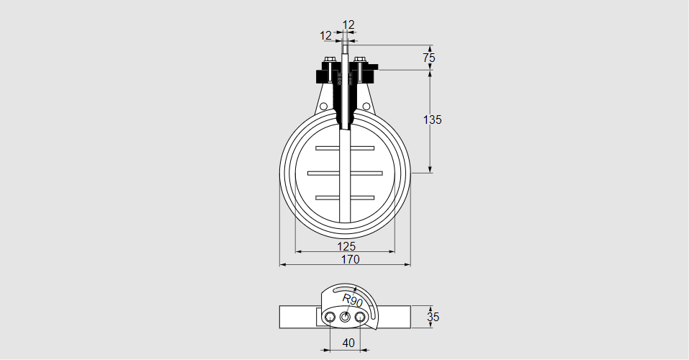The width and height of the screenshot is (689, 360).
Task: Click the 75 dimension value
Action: [x=429, y=57]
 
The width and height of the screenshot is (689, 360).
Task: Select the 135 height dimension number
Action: [x=432, y=120]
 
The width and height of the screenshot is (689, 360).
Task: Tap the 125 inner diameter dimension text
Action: [x=346, y=246]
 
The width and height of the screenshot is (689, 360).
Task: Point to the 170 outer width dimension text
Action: [x=351, y=259]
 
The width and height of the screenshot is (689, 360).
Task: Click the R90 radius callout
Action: [x=352, y=300]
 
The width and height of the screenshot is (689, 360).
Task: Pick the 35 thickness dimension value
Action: [x=433, y=317]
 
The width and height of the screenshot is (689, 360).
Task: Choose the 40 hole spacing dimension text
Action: [x=348, y=343]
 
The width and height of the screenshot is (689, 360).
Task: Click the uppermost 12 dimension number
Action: [x=348, y=25]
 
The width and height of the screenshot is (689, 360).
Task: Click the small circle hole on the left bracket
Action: [x=324, y=107]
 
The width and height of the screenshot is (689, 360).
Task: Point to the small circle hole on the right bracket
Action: [x=366, y=107]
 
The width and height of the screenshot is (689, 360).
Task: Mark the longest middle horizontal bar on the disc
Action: [x=345, y=172]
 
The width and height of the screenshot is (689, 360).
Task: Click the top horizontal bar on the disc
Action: [x=345, y=148]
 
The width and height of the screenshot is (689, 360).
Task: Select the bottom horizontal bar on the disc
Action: [x=345, y=197]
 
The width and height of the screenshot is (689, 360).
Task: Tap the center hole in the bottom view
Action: [x=345, y=317]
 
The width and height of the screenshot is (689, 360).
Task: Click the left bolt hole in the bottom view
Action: [x=330, y=317]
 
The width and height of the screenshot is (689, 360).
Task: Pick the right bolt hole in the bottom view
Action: [x=361, y=317]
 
